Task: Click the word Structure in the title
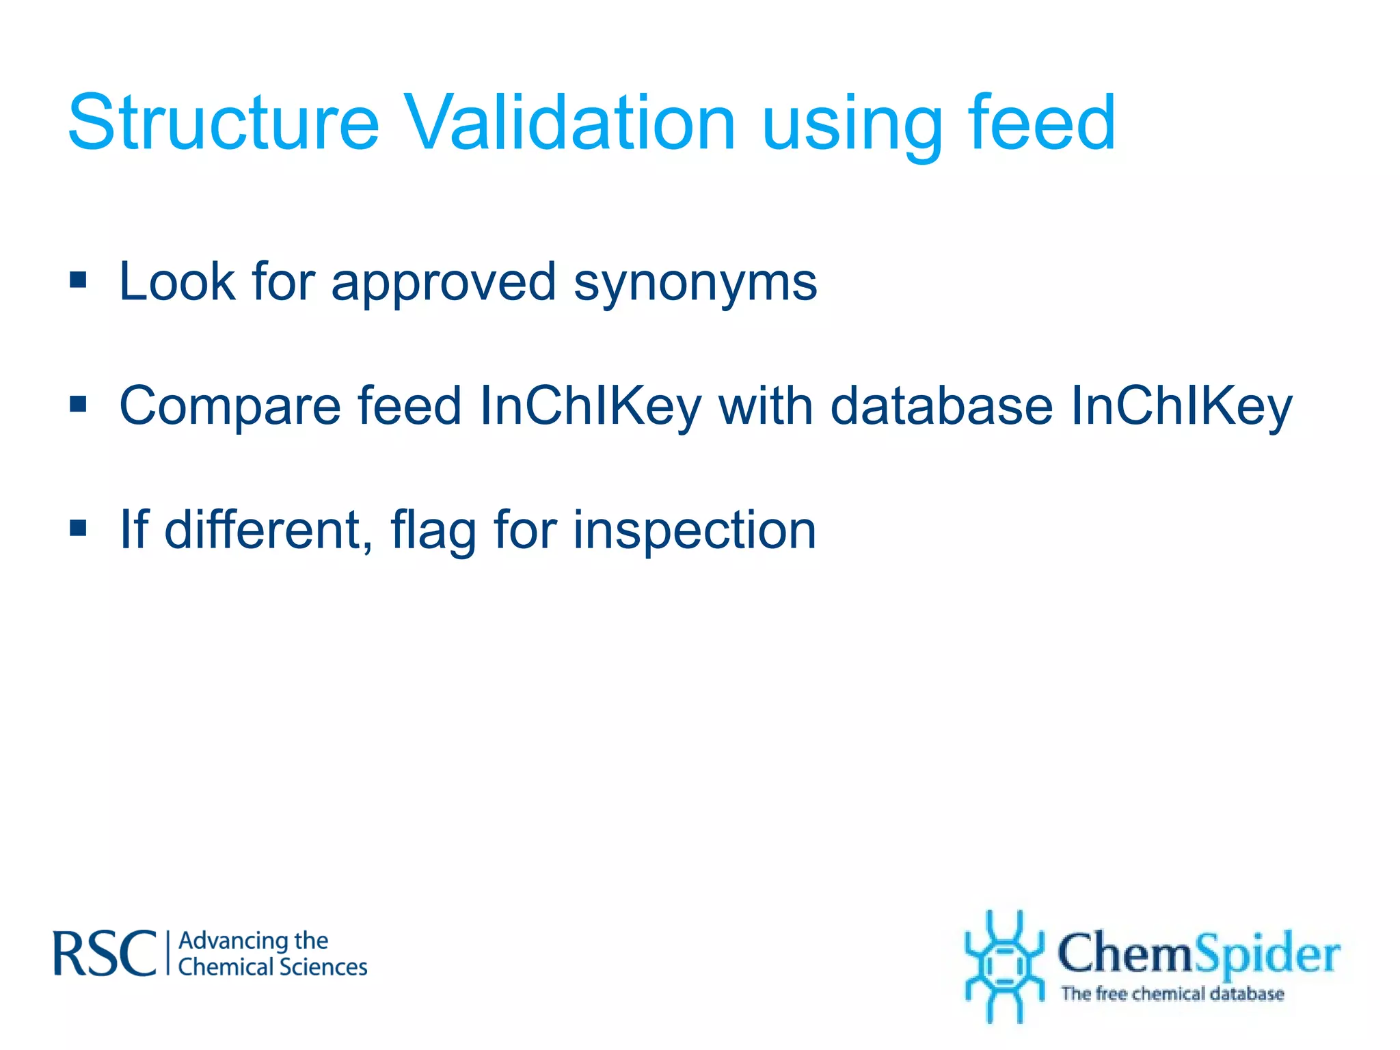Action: coord(224,123)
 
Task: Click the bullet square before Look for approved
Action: coord(79,280)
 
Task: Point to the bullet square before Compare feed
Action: coord(79,404)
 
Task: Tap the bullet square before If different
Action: coord(79,528)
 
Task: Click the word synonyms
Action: coord(695,284)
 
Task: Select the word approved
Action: coord(444,284)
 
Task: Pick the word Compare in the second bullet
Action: coord(230,407)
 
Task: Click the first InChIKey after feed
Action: coord(591,407)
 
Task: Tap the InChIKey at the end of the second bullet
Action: coord(1181,407)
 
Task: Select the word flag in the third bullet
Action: coord(433,531)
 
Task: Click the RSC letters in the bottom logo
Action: coord(105,954)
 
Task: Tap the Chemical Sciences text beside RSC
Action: coord(273,967)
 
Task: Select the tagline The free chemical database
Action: coord(1172,994)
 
